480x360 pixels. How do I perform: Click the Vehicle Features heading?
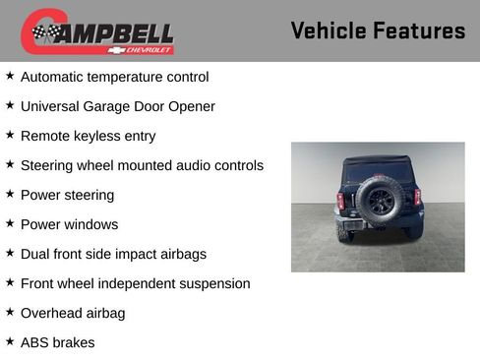point(378,31)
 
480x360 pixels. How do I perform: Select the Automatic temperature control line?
point(114,77)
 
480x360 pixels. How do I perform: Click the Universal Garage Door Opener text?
point(117,106)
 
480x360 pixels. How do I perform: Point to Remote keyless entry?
point(88,136)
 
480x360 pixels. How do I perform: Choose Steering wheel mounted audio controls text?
point(142,165)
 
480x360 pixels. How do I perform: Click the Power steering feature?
point(67,195)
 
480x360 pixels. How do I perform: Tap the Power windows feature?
point(69,224)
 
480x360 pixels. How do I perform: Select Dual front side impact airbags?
point(113,254)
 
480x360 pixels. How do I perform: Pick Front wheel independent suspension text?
point(135,283)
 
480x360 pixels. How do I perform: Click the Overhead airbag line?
point(72,313)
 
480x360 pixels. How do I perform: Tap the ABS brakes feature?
point(57,342)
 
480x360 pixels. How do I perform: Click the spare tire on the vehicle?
point(379,202)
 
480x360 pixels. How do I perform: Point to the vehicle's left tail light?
point(340,200)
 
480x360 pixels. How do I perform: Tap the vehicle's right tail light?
point(417,198)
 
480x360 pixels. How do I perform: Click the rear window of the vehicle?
point(379,169)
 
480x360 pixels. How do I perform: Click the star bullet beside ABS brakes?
point(10,341)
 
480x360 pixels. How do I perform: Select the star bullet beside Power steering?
point(10,194)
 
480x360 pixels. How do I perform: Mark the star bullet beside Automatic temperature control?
point(10,76)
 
